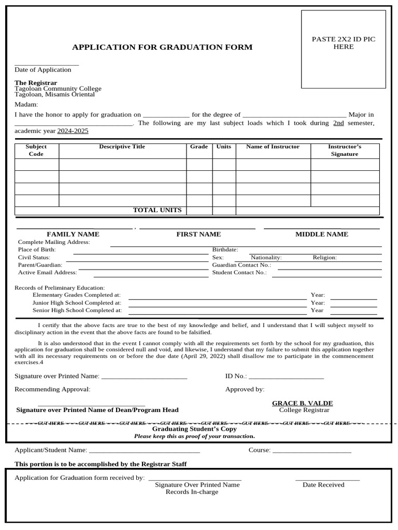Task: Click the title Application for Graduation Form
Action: [x=162, y=47]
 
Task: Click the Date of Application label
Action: [x=43, y=70]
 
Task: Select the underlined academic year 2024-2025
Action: [x=73, y=131]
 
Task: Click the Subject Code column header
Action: [x=36, y=150]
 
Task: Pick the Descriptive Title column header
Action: [x=122, y=146]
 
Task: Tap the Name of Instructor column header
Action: [x=273, y=146]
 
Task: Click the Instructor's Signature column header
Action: [x=345, y=150]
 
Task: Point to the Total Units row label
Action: [x=157, y=210]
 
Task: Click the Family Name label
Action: [x=73, y=234]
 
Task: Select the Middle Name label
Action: [x=322, y=234]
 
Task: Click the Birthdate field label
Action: [x=225, y=249]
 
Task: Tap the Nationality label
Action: [x=266, y=257]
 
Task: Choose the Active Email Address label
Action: [x=48, y=272]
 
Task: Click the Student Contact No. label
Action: [x=239, y=272]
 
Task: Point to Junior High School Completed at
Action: [x=77, y=303]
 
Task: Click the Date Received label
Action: [x=323, y=485]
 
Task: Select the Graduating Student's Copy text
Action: [x=194, y=429]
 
